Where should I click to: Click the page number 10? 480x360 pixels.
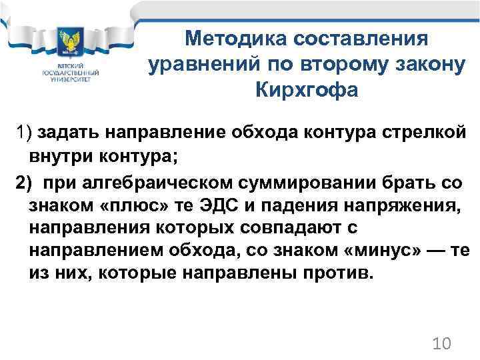coord(441,344)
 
